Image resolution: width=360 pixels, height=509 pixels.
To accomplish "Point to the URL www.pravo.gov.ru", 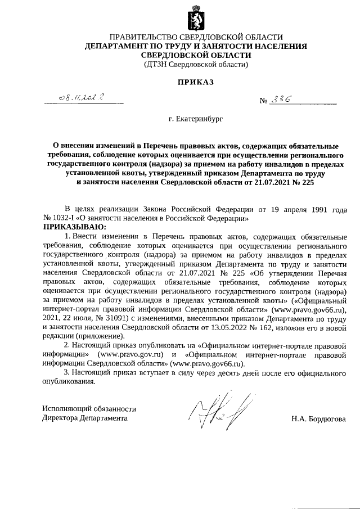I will coord(130,355).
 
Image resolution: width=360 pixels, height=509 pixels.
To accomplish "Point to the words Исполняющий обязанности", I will coord(89,409).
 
